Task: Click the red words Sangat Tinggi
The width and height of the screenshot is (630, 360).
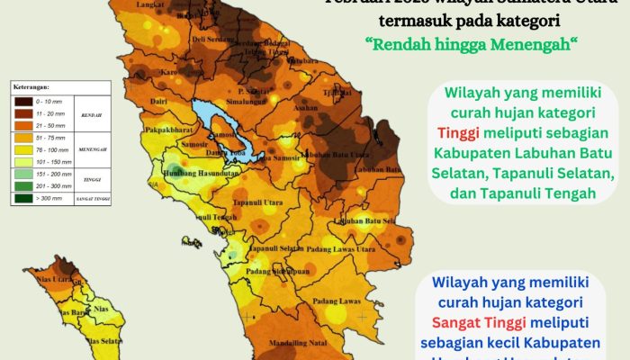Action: (x=477, y=321)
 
